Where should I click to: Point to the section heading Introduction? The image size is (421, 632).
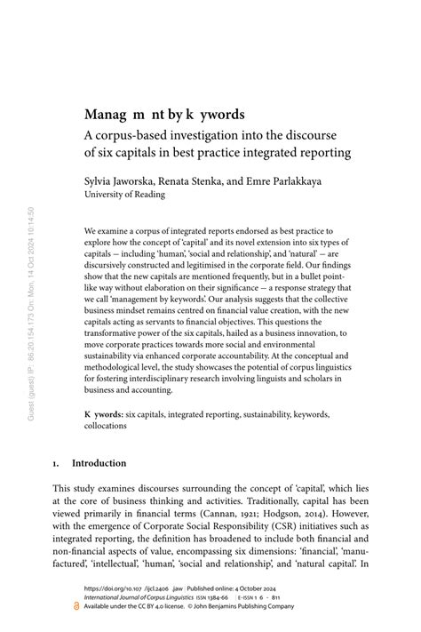click(x=99, y=463)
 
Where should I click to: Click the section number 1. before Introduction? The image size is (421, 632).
click(x=56, y=463)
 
